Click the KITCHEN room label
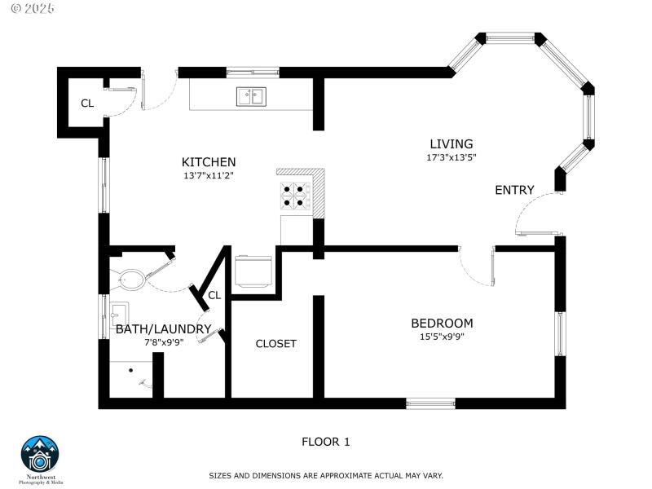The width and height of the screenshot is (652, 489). [209, 162]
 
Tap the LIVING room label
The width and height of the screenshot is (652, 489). [451, 144]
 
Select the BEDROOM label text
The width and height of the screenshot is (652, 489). [441, 324]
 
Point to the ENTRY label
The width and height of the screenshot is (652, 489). [514, 191]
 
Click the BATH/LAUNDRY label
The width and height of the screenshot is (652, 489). [163, 329]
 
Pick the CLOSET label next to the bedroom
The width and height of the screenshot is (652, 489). [276, 344]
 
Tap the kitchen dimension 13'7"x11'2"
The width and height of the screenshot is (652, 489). [209, 175]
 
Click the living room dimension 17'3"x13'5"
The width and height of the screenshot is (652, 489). [451, 157]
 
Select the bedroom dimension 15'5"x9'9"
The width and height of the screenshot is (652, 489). [441, 336]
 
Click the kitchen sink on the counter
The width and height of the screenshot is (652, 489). [251, 97]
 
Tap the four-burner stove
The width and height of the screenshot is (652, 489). [296, 196]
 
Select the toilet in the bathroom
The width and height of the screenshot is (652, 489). [130, 280]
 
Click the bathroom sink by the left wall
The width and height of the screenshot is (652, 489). [119, 314]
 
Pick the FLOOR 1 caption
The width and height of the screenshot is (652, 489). [325, 443]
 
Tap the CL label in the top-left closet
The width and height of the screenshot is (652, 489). [87, 104]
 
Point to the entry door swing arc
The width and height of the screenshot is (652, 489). [530, 208]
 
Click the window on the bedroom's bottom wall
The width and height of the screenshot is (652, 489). [430, 403]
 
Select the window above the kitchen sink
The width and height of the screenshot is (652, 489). [253, 72]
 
